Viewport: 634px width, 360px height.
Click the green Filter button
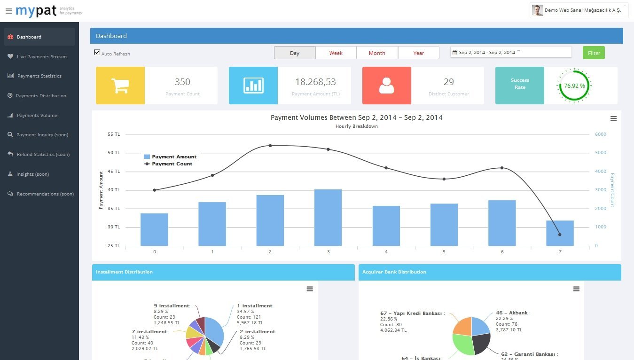(594, 53)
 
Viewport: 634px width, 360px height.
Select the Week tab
(336, 53)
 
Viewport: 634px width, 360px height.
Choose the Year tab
(418, 53)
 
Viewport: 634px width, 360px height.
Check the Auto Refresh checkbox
(97, 53)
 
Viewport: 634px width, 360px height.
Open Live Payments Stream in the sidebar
(41, 56)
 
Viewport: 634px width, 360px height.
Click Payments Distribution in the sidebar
(41, 96)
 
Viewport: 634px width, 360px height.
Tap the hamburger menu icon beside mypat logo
(9, 11)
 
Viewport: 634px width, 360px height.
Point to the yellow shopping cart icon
(120, 86)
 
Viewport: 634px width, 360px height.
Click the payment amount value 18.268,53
(315, 82)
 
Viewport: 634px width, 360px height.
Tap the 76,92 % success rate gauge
(574, 86)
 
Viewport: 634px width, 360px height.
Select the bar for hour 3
(328, 217)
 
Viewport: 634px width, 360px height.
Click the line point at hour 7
(560, 235)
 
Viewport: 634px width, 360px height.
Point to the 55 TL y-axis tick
(114, 134)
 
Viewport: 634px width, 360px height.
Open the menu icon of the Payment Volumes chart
(613, 119)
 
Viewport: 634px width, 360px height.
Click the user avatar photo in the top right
(538, 10)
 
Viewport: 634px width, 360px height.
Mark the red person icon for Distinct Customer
(386, 86)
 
